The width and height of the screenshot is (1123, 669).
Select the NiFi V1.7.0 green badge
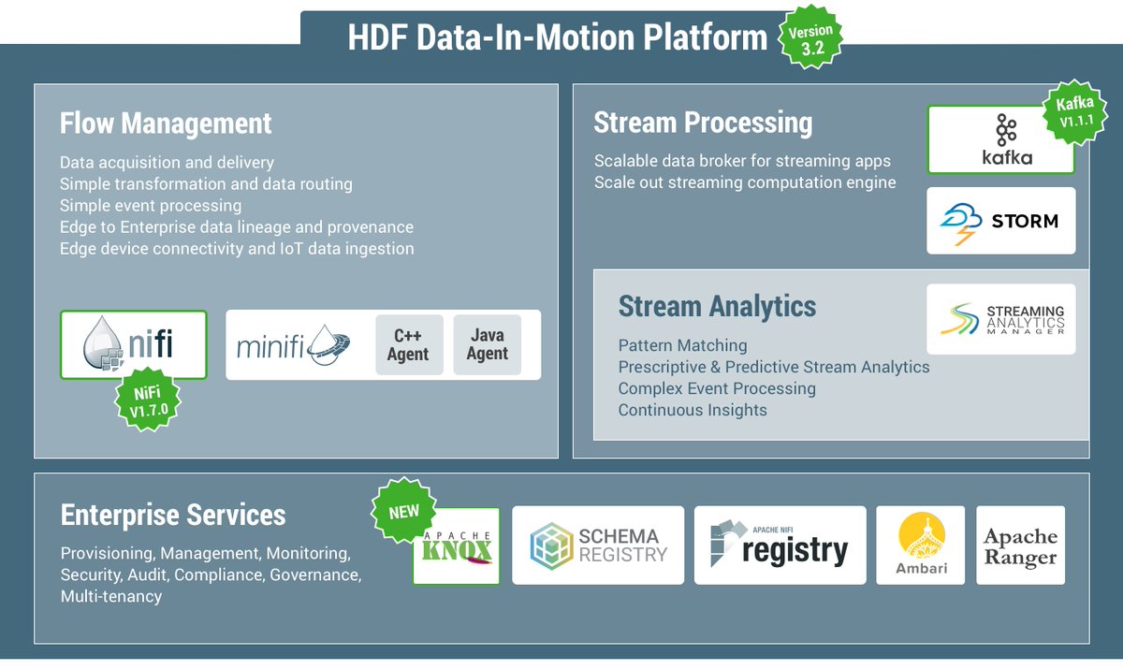146,400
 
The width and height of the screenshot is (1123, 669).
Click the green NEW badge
403,512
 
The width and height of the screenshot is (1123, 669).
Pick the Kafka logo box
999,140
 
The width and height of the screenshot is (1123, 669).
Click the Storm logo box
1000,221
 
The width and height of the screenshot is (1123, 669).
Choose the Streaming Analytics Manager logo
1000,319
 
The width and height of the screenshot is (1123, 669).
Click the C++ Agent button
409,345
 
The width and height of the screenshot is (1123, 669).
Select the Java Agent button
487,345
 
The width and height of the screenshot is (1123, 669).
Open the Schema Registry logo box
598,545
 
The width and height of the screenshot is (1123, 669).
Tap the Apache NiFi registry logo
780,545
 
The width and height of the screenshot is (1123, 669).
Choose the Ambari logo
920,545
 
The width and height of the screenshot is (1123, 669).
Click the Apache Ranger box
1020,545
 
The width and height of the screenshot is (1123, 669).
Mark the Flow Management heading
166,124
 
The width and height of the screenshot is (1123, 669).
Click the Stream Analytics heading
717,306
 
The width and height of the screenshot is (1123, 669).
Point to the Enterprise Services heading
173,515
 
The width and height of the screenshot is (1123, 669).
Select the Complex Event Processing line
717,388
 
